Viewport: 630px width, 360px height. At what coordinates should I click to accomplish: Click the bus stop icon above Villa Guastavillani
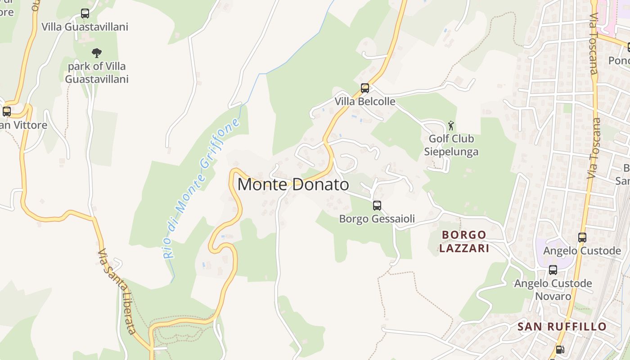[x=85, y=13]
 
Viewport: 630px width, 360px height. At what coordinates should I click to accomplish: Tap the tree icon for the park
[x=96, y=53]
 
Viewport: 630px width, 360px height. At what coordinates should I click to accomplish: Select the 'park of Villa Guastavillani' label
[x=97, y=72]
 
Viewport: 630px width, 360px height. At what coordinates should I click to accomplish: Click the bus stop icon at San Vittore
[x=6, y=111]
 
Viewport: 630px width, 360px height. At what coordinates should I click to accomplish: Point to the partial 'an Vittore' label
[x=23, y=125]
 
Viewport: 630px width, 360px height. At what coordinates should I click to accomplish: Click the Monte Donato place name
[x=293, y=184]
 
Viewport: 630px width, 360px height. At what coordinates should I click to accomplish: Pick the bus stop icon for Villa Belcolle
[x=365, y=88]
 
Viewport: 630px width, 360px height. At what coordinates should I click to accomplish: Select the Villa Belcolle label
[x=365, y=101]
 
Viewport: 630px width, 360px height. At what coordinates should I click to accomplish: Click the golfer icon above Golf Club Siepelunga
[x=451, y=126]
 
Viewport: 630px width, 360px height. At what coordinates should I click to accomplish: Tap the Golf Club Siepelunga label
[x=451, y=145]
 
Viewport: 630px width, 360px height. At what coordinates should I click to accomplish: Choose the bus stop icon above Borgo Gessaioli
[x=377, y=206]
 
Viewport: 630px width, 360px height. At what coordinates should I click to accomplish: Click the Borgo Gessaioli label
[x=377, y=219]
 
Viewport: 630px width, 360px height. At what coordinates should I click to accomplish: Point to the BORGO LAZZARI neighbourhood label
[x=464, y=241]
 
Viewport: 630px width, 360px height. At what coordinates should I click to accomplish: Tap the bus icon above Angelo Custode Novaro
[x=553, y=270]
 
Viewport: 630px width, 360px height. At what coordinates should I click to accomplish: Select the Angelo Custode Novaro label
[x=553, y=290]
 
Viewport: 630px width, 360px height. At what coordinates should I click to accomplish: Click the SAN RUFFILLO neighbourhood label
[x=562, y=326]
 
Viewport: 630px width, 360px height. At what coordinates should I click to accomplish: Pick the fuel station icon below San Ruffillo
[x=560, y=350]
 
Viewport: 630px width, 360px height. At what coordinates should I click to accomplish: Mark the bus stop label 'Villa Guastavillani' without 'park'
[x=85, y=27]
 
